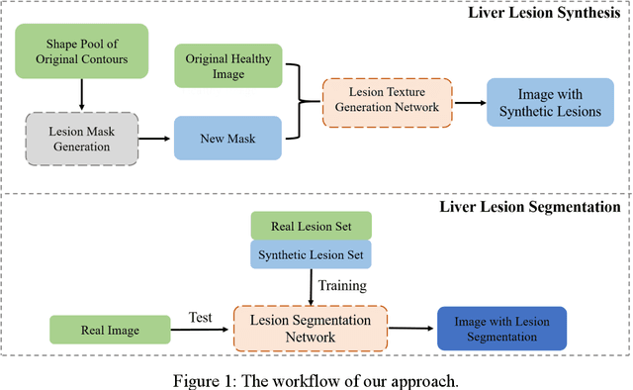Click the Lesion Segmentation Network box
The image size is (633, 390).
coord(309,329)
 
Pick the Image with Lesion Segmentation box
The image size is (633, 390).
coord(501,329)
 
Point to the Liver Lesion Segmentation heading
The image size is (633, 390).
coord(530,207)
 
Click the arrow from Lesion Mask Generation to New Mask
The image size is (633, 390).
coord(155,140)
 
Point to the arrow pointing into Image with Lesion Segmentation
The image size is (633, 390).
coord(409,328)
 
